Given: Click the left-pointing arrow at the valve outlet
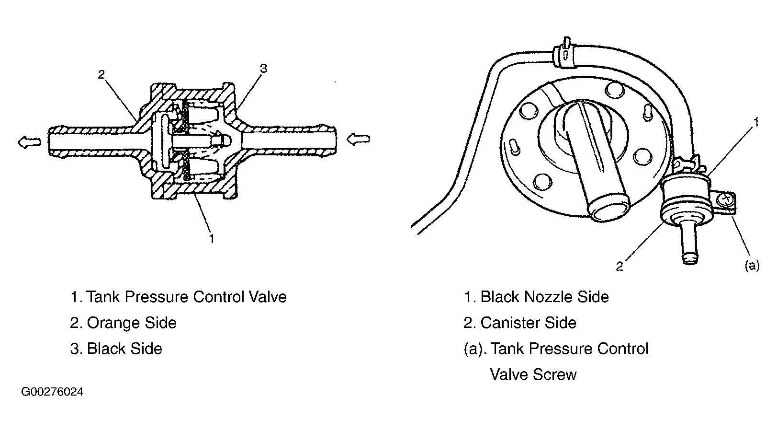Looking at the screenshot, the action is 29,142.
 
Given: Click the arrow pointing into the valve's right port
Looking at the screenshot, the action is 358,139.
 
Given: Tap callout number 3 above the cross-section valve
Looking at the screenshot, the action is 264,69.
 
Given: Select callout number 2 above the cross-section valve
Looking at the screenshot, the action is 101,74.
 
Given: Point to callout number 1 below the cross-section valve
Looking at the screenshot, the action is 211,239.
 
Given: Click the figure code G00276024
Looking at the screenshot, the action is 52,392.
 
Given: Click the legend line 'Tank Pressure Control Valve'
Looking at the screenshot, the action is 179,297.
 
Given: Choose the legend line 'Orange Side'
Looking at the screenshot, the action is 123,323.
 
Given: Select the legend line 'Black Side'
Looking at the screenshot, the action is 116,349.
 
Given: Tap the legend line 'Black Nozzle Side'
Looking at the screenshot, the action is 536,297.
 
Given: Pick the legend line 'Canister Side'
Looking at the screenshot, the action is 520,323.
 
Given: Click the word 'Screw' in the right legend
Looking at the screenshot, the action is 555,374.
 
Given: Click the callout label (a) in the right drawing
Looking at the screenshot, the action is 752,266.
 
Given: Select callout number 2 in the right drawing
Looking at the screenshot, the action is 619,267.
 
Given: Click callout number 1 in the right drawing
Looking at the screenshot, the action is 755,122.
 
